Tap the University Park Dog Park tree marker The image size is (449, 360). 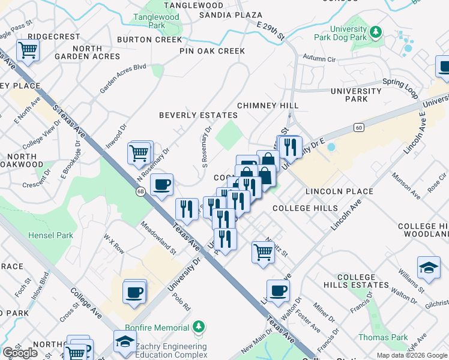pyautogui.click(x=376, y=31)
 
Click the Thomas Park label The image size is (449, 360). pyautogui.click(x=383, y=337)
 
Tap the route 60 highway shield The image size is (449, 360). pyautogui.click(x=359, y=127)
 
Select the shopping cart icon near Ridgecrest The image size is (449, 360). pyautogui.click(x=28, y=51)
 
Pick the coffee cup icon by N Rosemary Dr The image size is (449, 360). pyautogui.click(x=161, y=185)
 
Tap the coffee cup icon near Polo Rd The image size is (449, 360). pyautogui.click(x=134, y=292)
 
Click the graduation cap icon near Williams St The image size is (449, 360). pyautogui.click(x=429, y=268)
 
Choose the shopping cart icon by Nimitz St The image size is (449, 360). pyautogui.click(x=263, y=252)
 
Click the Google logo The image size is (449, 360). pyautogui.click(x=20, y=353)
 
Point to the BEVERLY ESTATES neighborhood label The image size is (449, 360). pyautogui.click(x=198, y=115)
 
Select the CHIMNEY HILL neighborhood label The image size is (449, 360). pyautogui.click(x=268, y=106)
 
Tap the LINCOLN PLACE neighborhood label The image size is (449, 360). pyautogui.click(x=339, y=191)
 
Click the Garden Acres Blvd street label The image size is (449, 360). pyautogui.click(x=123, y=79)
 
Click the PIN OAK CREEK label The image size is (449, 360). pyautogui.click(x=212, y=51)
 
